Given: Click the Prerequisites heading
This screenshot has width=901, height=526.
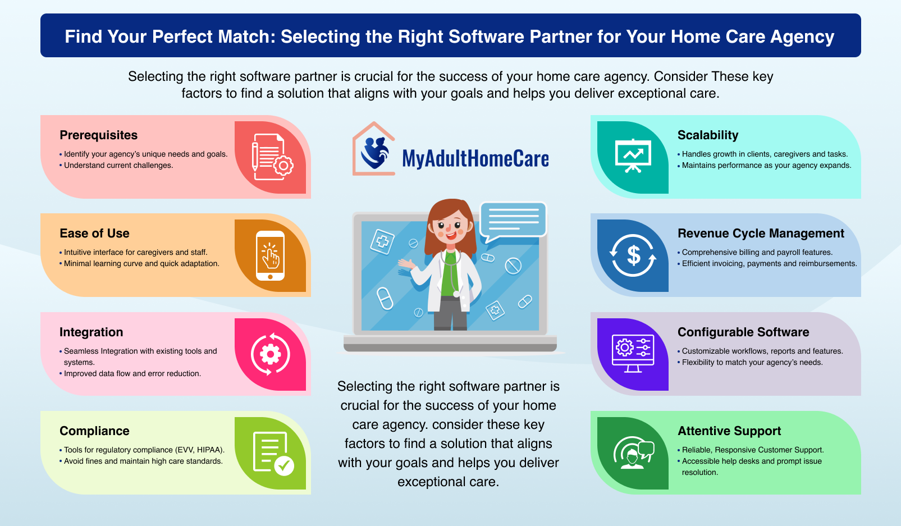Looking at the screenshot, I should coord(98,135).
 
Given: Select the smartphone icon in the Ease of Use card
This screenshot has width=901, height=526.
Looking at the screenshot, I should coord(270,255).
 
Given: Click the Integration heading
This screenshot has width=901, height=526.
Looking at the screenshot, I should coord(91,332).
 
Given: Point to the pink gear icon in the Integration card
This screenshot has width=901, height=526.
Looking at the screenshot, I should coord(271,354).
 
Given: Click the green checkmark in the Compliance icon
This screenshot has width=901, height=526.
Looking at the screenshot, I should coord(284,465).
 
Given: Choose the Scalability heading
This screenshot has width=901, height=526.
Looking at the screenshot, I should coord(707,135).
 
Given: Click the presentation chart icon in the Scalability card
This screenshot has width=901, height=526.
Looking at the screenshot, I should coord(633,155).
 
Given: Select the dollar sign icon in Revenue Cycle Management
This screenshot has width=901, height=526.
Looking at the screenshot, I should coord(633,256).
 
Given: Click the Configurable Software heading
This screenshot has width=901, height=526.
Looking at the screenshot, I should coord(743,332).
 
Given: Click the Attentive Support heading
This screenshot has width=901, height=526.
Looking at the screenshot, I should coord(729,431).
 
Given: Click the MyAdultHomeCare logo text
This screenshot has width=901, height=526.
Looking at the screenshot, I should coord(475,159).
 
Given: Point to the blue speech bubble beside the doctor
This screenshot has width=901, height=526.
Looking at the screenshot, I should coord(513,220).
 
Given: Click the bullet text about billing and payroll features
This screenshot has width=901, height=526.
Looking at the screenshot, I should coord(757,253).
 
